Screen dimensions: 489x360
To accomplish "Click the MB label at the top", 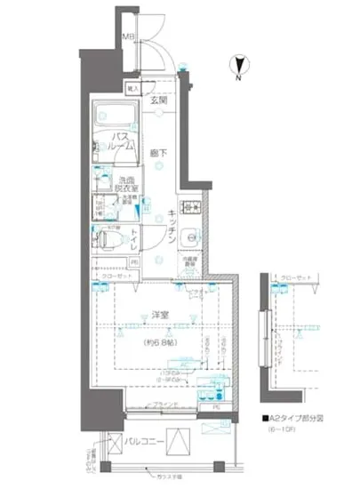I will [127, 37].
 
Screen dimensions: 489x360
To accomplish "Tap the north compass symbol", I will [238, 63].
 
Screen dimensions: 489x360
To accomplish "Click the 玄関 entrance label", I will [157, 100].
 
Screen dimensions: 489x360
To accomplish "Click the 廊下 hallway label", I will [156, 151].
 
